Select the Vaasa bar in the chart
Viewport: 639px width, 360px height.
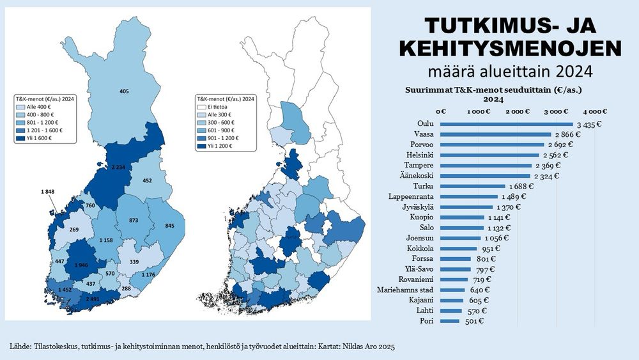495,134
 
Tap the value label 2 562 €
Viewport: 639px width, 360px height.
556,155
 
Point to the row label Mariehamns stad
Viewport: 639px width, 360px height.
406,289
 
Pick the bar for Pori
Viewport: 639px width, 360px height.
449,320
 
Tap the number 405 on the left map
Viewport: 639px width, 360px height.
124,92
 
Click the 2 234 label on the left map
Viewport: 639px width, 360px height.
118,167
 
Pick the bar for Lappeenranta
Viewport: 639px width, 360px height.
470,196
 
